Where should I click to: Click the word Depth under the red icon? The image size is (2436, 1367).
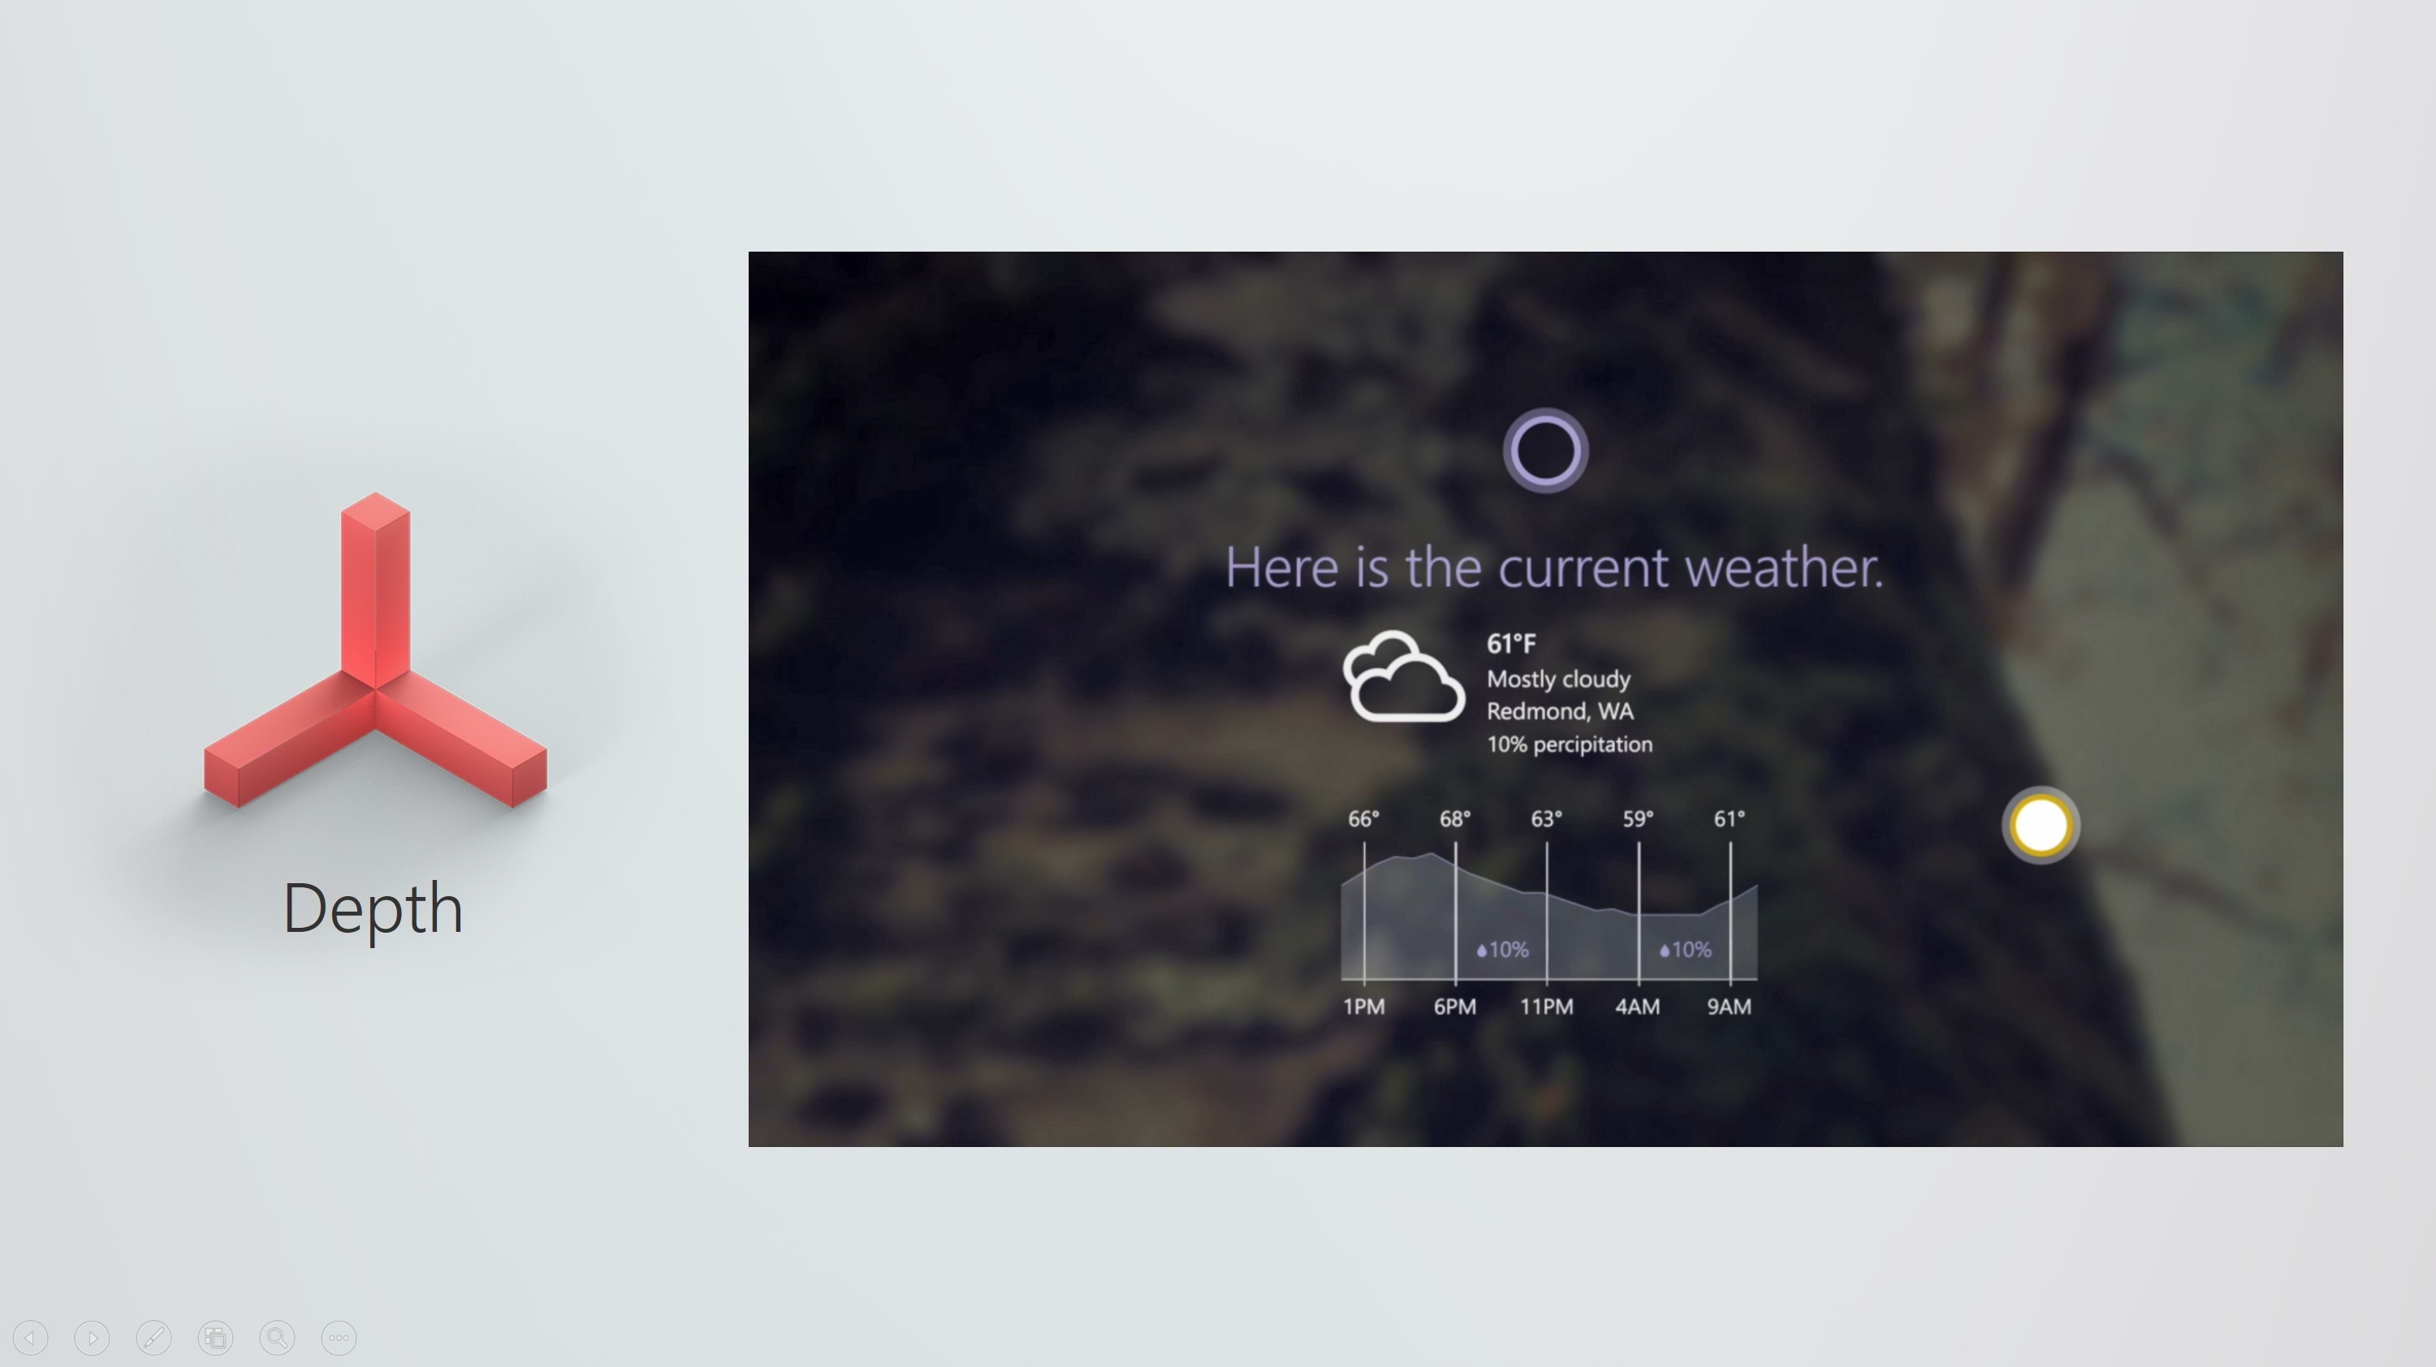(373, 909)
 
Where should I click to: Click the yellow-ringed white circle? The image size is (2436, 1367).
(2041, 825)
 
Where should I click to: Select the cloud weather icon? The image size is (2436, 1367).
(1403, 677)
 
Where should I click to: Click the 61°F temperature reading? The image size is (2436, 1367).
(1511, 644)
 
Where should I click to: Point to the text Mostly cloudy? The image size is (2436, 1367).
(1558, 679)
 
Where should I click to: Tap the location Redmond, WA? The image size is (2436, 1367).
(1559, 711)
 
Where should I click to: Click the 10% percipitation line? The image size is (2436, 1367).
(1570, 745)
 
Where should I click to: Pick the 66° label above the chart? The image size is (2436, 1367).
(1363, 819)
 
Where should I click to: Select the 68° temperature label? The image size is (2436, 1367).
(1455, 819)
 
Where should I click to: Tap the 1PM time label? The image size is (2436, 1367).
(1363, 1007)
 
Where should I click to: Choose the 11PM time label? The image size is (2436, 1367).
(1547, 1007)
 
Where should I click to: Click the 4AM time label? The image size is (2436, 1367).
(1638, 1007)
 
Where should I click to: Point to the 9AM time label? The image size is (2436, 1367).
(1730, 1007)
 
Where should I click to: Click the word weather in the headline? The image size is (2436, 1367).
(1783, 568)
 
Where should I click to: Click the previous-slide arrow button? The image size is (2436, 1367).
(30, 1338)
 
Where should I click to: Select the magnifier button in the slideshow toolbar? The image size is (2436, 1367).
(277, 1338)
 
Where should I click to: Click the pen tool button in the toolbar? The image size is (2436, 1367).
(153, 1338)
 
